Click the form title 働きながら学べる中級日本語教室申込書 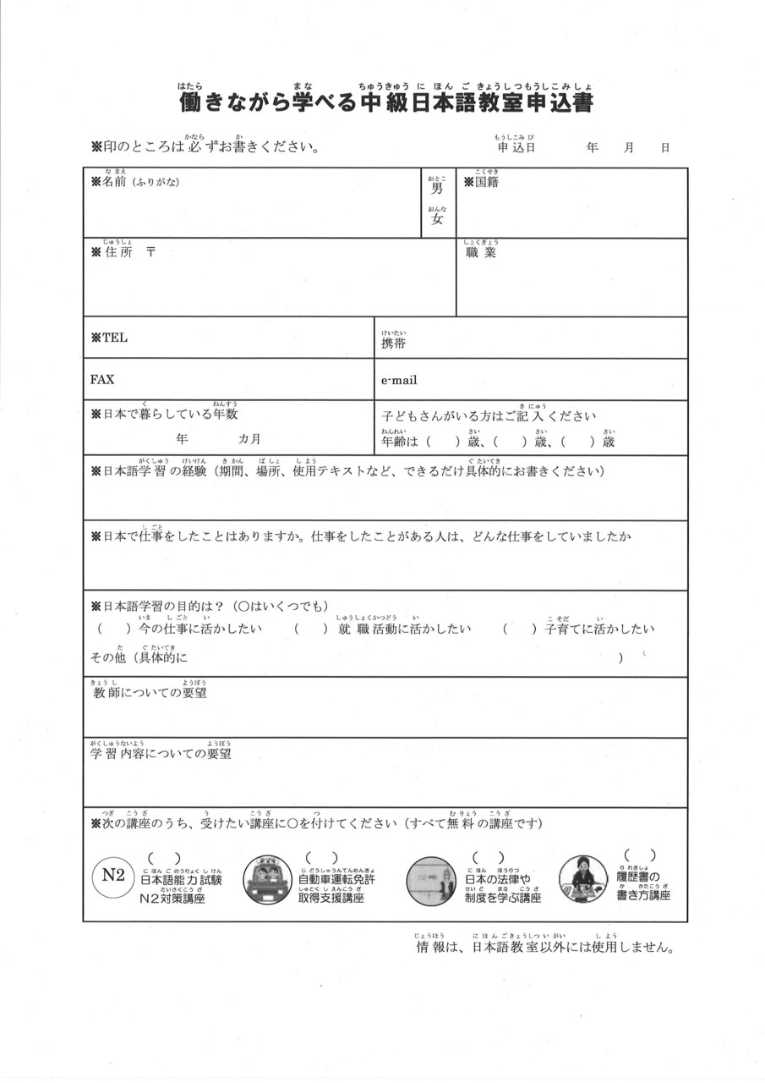pos(385,103)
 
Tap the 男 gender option pos(437,189)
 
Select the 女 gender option pos(437,219)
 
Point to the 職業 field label pos(481,252)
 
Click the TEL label pos(109,338)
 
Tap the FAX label pos(102,379)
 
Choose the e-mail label pos(399,380)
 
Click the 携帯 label pos(394,344)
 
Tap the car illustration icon pos(267,879)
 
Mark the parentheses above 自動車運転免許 pos(321,858)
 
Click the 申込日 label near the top pos(516,147)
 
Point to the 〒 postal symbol pos(150,251)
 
